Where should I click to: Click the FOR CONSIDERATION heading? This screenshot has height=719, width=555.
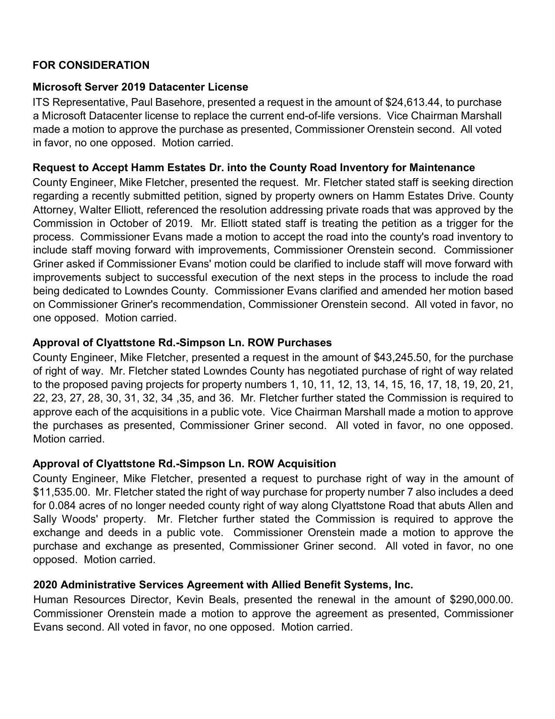(91, 65)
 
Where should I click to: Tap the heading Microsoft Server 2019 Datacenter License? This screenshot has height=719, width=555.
(140, 87)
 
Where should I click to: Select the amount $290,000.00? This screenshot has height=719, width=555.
(481, 600)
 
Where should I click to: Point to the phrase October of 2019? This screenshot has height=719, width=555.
(150, 223)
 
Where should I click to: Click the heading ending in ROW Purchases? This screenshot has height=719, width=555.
(182, 343)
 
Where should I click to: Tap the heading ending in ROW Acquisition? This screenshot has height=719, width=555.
(184, 463)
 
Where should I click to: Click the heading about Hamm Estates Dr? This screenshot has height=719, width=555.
(254, 168)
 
